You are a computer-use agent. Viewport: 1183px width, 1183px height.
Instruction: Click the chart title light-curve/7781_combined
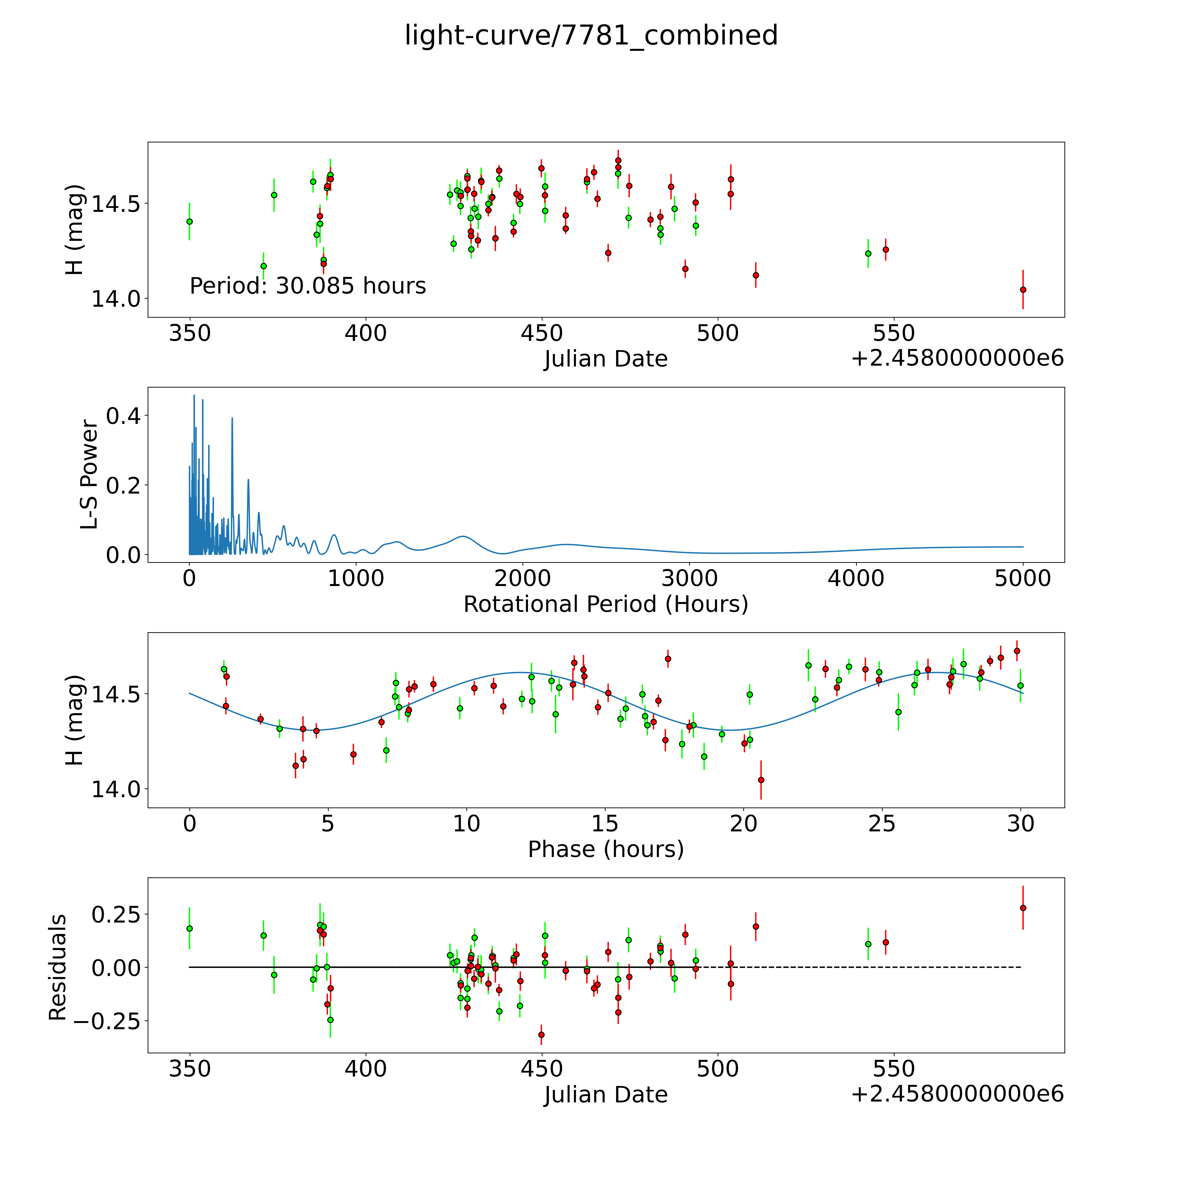(591, 35)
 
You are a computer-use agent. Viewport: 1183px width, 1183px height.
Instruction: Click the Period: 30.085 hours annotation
(307, 286)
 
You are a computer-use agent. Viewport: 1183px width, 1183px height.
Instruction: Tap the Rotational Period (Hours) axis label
(606, 604)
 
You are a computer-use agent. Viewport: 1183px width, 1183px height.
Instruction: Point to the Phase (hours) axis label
(606, 849)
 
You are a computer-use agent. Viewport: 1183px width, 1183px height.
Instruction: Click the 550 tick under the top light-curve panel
(893, 334)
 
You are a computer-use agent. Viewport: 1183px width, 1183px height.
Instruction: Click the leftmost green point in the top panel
(190, 222)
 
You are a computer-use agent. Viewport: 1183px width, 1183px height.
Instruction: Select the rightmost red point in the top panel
(1023, 290)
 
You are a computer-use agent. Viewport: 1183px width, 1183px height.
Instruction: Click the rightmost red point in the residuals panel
(1023, 908)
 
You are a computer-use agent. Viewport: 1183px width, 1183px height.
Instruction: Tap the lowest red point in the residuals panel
(541, 1035)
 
